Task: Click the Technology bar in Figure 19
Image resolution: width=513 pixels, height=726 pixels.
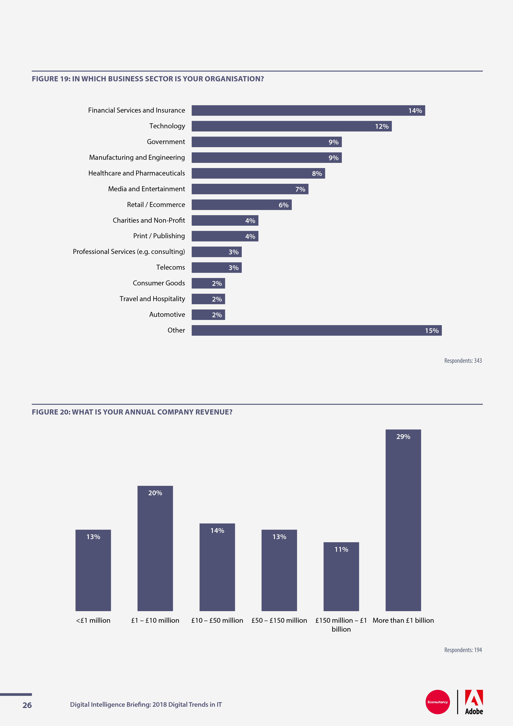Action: (291, 126)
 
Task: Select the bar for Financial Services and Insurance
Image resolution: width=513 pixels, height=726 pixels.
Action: (308, 110)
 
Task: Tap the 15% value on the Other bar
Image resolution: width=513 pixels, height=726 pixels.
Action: (431, 331)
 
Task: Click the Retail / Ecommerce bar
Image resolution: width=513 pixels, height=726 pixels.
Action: (241, 205)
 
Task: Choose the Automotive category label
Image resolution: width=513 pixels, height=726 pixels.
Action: (167, 315)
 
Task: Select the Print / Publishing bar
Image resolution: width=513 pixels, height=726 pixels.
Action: (225, 236)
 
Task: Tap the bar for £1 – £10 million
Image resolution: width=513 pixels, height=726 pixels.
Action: (155, 548)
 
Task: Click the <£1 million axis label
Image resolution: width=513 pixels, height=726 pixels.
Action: (93, 620)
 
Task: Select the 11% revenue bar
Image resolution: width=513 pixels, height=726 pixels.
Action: (341, 576)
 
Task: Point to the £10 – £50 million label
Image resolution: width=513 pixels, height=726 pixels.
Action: (217, 620)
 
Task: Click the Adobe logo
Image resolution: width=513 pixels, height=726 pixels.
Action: (474, 702)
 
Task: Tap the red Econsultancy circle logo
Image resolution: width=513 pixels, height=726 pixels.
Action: (437, 702)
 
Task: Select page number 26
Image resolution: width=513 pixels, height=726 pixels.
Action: (27, 705)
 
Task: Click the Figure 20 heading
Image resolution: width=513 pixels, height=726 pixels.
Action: (132, 412)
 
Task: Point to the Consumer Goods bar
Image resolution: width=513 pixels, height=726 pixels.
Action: (208, 283)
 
